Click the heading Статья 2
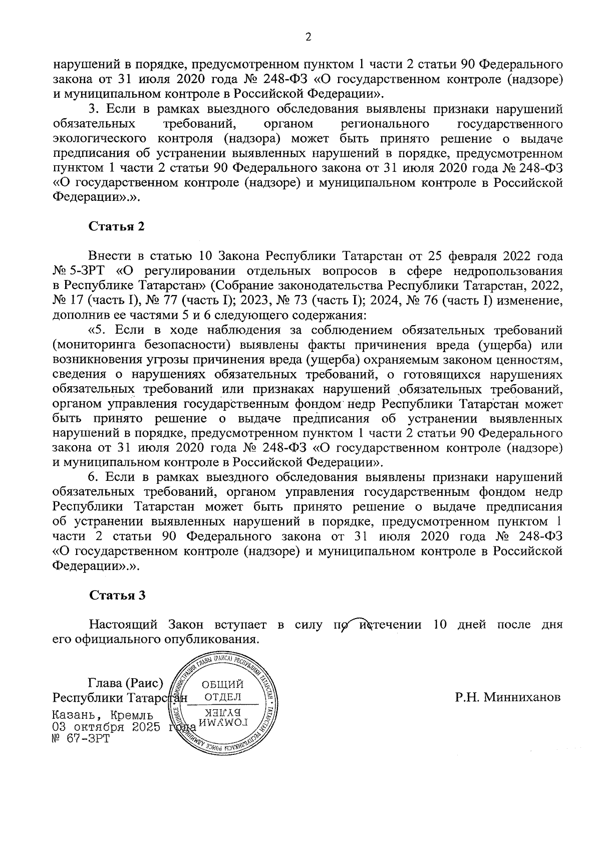coord(117,226)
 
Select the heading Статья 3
coord(117,595)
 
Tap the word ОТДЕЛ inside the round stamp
coord(223,697)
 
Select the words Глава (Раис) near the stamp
coord(126,683)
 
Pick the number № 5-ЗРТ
coord(81,271)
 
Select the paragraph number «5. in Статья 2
coord(98,330)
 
